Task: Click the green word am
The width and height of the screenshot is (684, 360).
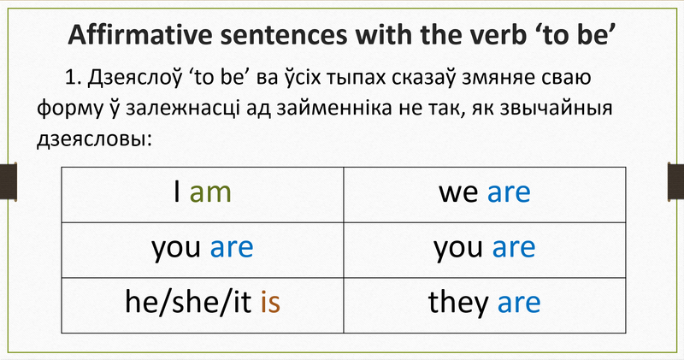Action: coord(210,193)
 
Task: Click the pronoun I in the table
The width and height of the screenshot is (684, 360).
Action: coord(177,193)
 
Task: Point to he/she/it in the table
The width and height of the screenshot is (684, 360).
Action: coord(189,303)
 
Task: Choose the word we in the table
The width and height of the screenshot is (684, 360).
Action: coord(458,193)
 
